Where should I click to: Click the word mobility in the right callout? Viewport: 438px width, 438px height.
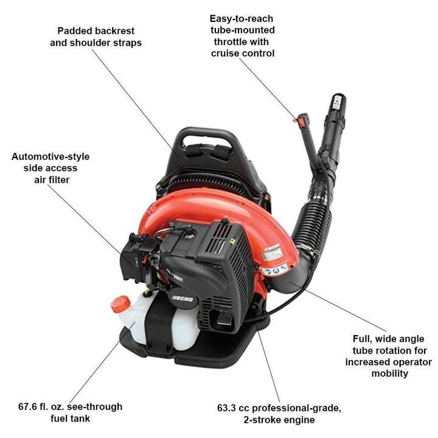point(389,373)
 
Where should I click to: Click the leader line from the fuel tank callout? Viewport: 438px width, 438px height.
point(100,365)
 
